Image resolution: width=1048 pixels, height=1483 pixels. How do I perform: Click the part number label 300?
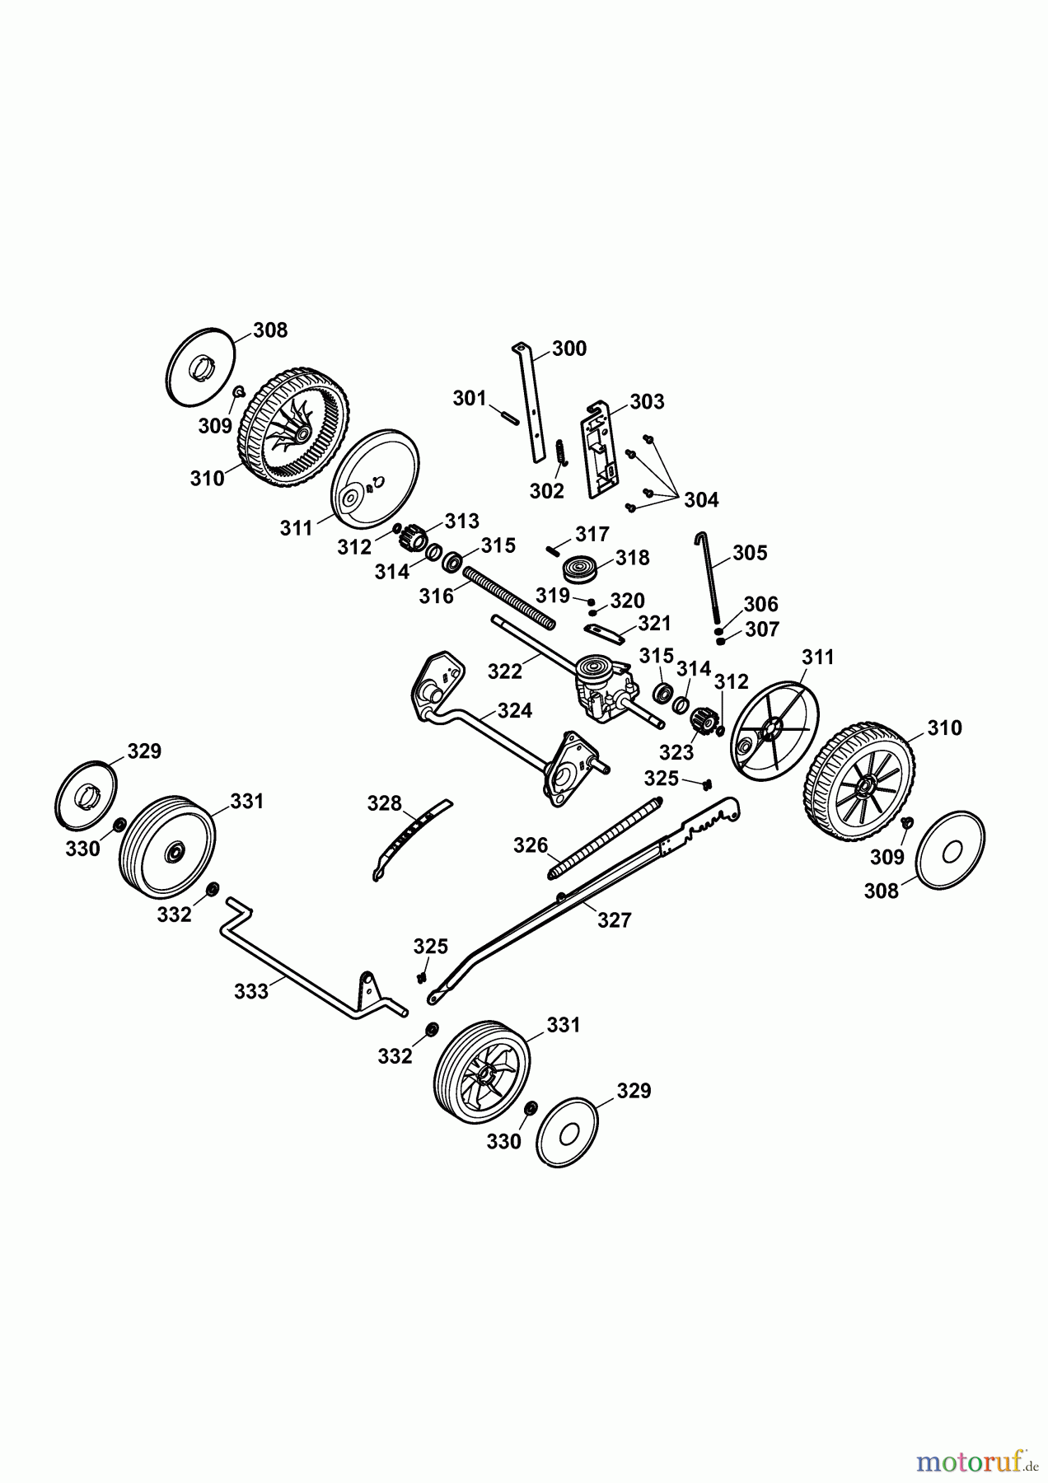(569, 349)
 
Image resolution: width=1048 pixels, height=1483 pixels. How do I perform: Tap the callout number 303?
(647, 401)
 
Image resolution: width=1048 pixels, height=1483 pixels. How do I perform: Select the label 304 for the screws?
(701, 499)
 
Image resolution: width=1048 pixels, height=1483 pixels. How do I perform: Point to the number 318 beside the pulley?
(633, 558)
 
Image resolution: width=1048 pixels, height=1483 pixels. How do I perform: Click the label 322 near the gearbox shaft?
(505, 671)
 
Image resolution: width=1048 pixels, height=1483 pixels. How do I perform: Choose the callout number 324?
(515, 710)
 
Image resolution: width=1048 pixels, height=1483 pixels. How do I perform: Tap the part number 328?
(384, 803)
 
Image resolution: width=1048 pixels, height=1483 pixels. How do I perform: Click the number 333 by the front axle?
(251, 991)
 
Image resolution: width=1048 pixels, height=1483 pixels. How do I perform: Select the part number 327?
(614, 919)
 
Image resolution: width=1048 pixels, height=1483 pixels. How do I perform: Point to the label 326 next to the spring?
(531, 845)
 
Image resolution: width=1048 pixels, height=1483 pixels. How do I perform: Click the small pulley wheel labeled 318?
(579, 569)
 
